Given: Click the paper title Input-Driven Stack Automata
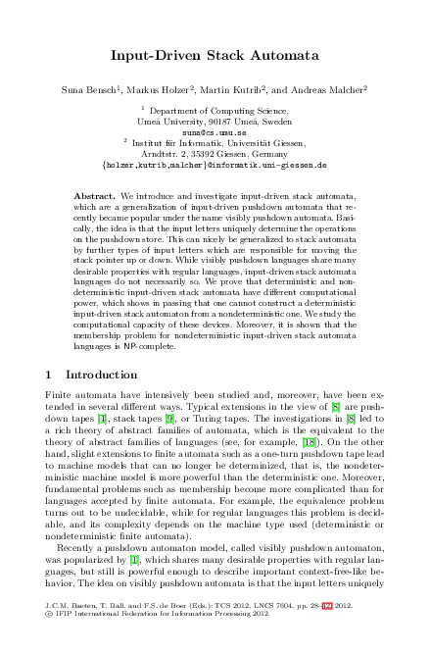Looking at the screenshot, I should tap(214, 57).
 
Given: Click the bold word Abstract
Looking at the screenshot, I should tap(95, 196).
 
